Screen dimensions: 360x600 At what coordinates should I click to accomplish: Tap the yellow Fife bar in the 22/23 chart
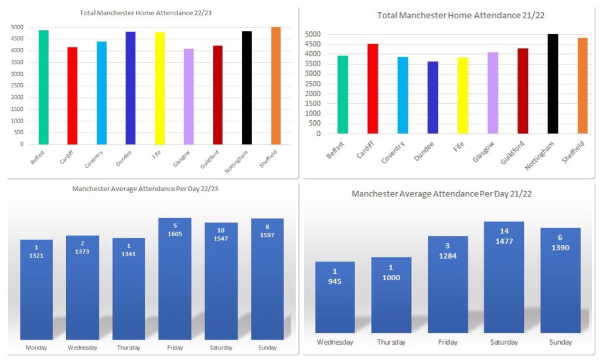(x=159, y=88)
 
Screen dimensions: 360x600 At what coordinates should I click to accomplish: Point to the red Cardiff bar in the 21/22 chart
(x=373, y=89)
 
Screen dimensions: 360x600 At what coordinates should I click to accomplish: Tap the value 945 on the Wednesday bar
(x=335, y=281)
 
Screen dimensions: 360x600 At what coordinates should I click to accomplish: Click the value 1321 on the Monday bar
(x=36, y=256)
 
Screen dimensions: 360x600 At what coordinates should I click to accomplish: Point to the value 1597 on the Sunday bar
(x=267, y=235)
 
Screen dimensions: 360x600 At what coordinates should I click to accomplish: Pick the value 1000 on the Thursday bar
(x=391, y=277)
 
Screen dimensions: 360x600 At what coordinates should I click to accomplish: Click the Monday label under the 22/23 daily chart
(x=36, y=348)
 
